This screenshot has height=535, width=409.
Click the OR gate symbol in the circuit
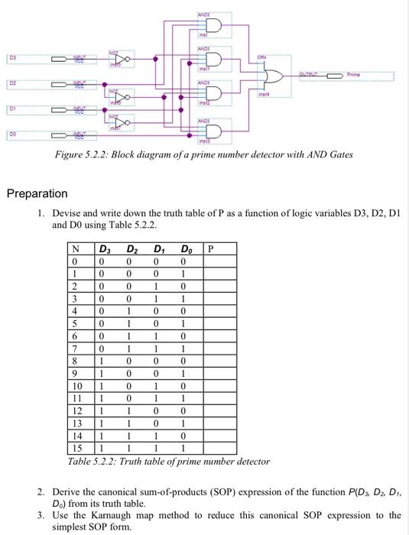tap(271, 76)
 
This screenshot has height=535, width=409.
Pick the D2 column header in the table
tap(131, 248)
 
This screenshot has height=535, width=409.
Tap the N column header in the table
tap(75, 248)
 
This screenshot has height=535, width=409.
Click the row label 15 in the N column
tap(75, 447)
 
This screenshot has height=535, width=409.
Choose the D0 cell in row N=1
tap(184, 274)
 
